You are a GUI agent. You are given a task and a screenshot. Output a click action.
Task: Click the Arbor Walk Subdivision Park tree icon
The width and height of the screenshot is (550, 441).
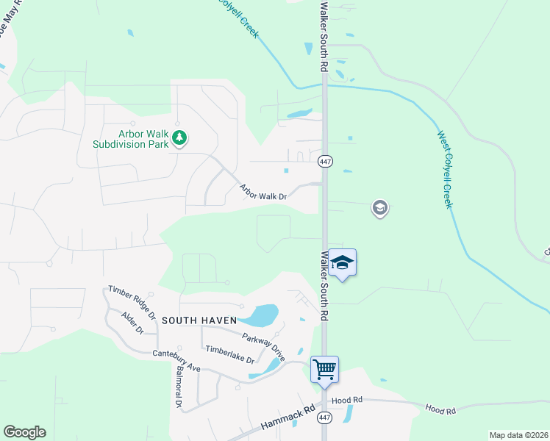[179, 137]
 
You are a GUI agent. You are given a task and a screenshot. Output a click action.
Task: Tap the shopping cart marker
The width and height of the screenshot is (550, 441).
[324, 368]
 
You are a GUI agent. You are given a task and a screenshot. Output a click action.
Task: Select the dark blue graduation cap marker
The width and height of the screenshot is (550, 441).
[342, 262]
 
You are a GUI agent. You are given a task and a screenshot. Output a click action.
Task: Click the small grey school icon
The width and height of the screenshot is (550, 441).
[379, 209]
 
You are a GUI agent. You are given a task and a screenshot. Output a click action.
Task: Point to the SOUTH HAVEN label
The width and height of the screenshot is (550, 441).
[199, 320]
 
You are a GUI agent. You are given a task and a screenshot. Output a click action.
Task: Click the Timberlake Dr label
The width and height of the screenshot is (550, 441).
[229, 355]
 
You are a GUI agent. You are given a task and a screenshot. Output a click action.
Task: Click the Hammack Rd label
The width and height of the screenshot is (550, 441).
[287, 417]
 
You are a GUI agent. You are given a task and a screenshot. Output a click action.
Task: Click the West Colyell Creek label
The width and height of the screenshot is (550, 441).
[445, 169]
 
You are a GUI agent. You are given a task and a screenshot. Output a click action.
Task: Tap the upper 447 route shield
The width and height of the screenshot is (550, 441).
[324, 161]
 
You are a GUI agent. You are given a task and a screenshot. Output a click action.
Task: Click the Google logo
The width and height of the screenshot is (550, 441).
[24, 432]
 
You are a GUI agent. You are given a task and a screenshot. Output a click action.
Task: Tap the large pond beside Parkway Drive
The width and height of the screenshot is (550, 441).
[261, 315]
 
